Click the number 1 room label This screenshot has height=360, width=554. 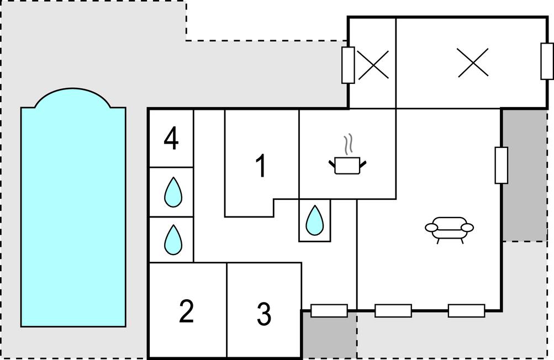(261, 166)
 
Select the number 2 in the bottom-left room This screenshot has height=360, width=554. (187, 311)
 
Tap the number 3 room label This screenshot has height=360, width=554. (264, 314)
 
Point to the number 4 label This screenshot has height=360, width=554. (171, 139)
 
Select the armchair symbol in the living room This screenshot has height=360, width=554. (450, 229)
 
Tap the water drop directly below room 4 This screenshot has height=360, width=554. (173, 192)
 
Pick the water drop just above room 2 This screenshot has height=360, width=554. (173, 240)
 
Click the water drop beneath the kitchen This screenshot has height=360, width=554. (315, 220)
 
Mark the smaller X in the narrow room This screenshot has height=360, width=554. (373, 65)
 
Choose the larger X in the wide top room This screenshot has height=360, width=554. (473, 62)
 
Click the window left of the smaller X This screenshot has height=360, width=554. (348, 65)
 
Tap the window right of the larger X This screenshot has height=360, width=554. (547, 61)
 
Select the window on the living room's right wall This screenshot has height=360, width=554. (501, 165)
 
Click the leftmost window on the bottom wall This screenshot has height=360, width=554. (329, 311)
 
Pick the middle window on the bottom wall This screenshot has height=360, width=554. (393, 311)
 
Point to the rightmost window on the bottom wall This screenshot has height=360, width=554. (466, 311)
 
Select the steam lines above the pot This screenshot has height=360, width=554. (347, 145)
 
